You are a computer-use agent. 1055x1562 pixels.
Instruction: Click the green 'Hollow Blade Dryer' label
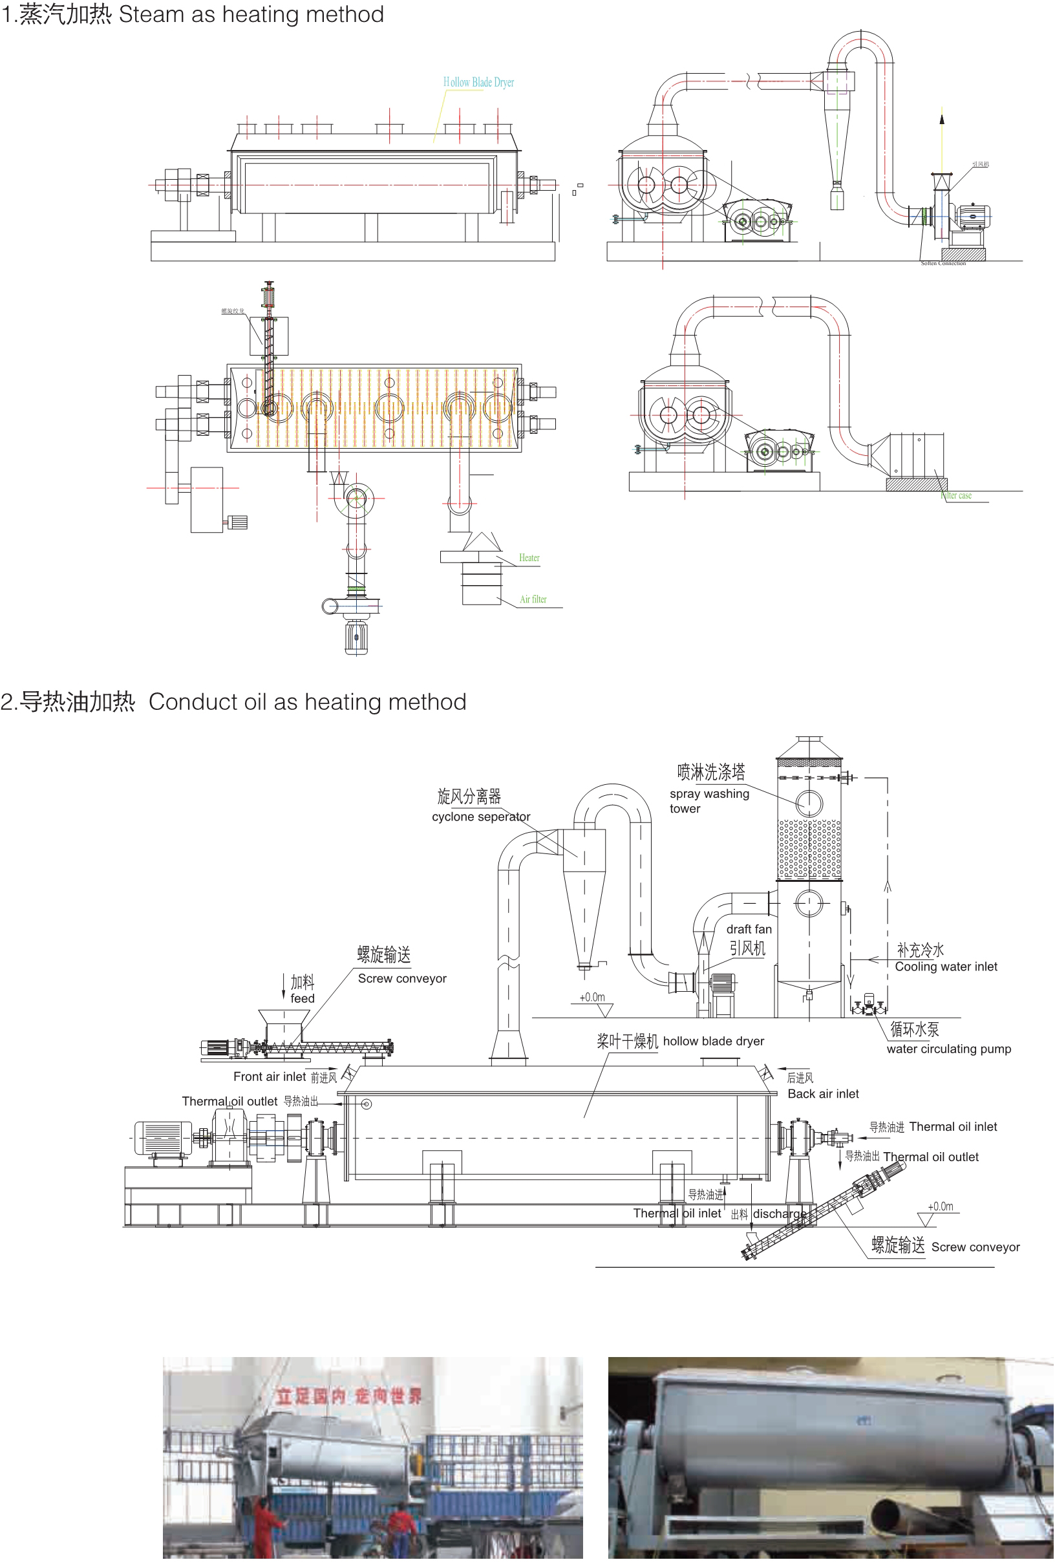pos(478,83)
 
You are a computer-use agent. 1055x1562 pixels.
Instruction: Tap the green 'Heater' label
pos(528,558)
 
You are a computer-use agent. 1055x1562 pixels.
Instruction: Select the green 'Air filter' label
pos(532,599)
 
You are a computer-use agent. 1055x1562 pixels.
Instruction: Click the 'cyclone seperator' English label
pos(480,817)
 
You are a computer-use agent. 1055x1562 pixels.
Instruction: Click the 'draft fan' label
pos(748,930)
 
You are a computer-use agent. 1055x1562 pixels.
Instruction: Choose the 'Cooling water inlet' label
pos(945,967)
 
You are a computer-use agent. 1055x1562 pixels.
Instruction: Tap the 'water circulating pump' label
pos(948,1049)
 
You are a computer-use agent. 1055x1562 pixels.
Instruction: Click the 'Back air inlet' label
pos(822,1094)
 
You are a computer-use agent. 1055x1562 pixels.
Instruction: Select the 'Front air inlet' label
pos(269,1076)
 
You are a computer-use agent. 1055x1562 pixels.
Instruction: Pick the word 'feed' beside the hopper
pos(302,999)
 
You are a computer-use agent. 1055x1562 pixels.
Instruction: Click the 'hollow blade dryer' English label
pos(713,1041)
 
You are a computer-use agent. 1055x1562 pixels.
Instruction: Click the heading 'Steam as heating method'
pos(251,14)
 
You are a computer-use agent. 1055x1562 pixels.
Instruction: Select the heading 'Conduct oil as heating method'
pos(307,701)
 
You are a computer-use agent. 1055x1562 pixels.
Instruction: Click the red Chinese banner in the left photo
pos(348,1396)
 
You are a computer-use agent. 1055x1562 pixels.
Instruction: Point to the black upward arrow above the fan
pos(941,119)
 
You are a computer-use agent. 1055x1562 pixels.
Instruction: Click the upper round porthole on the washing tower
pos(809,802)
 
